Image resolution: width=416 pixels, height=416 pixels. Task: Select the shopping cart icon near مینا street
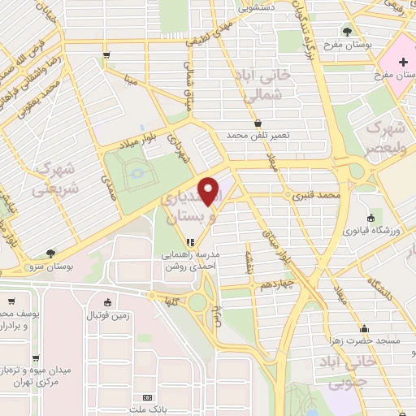pyautogui.click(x=106, y=56)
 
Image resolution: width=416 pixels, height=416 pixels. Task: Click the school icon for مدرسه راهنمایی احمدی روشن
pyautogui.click(x=190, y=241)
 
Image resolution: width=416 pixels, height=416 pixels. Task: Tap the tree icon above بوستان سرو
pyautogui.click(x=51, y=253)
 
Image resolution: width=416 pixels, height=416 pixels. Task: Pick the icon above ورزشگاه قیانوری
pyautogui.click(x=370, y=219)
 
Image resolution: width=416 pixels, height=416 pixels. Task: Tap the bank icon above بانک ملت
pyautogui.click(x=147, y=396)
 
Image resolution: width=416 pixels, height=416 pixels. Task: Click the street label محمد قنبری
pyautogui.click(x=316, y=196)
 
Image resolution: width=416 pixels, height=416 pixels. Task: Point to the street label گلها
pyautogui.click(x=171, y=300)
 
